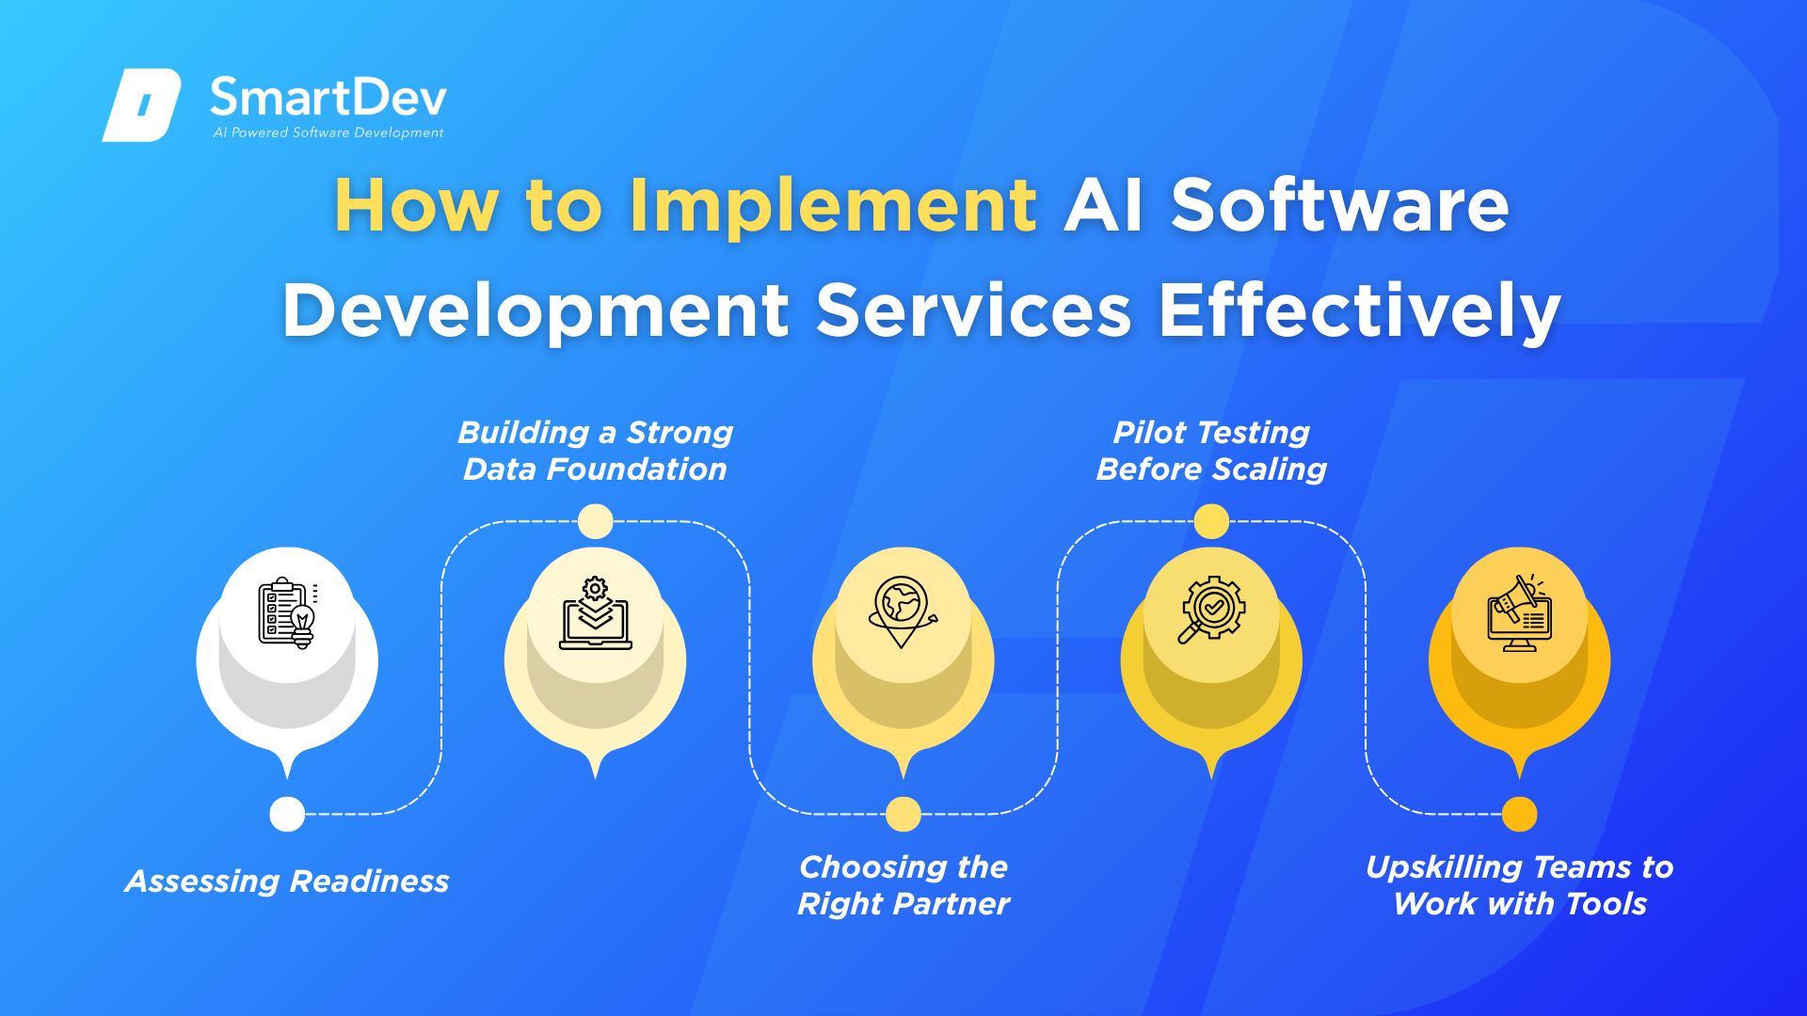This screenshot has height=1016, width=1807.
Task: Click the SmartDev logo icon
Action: [141, 104]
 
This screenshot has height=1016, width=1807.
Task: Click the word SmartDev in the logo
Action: [328, 97]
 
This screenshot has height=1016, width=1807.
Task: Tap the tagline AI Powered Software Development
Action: [328, 133]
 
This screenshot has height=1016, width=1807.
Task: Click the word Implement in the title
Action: [833, 207]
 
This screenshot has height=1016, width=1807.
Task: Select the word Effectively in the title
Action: [1360, 311]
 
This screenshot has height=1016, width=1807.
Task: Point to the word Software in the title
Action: [1340, 205]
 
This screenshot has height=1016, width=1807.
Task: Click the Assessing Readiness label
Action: [287, 881]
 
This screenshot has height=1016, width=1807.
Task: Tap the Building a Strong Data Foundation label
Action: [595, 451]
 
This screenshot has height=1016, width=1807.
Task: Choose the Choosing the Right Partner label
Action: [903, 885]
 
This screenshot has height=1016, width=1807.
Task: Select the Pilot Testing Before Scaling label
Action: [1211, 451]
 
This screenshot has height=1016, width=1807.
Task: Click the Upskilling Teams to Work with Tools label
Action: [1520, 885]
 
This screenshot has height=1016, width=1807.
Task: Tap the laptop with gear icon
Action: [596, 613]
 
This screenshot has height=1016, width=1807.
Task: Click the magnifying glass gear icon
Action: [1211, 610]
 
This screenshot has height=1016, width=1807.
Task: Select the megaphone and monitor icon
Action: [1519, 613]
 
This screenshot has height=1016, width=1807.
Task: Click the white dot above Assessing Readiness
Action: [287, 814]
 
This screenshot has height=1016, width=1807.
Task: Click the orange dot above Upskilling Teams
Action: [1520, 814]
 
